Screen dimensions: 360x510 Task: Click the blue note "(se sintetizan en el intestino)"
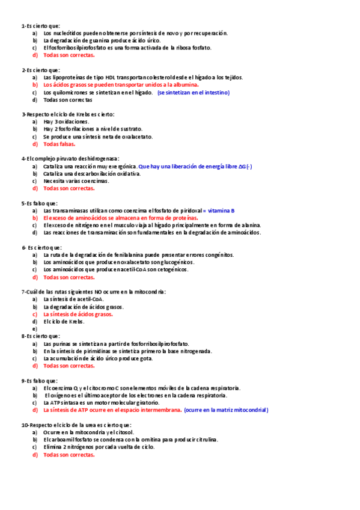point(194,93)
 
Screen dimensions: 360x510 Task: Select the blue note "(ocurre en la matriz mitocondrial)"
point(226,410)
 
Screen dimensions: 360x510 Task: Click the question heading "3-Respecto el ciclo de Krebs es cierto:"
point(68,114)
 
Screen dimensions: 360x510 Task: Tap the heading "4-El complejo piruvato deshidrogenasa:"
point(70,158)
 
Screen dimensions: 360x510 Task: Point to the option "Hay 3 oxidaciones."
point(66,121)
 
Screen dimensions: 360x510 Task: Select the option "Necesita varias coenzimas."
point(76,180)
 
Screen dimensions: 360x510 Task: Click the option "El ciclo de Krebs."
point(64,321)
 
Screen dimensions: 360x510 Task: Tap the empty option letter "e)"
point(35,329)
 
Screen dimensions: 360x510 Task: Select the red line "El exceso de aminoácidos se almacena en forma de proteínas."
point(121,218)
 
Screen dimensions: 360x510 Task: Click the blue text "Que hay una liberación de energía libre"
point(187,166)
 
